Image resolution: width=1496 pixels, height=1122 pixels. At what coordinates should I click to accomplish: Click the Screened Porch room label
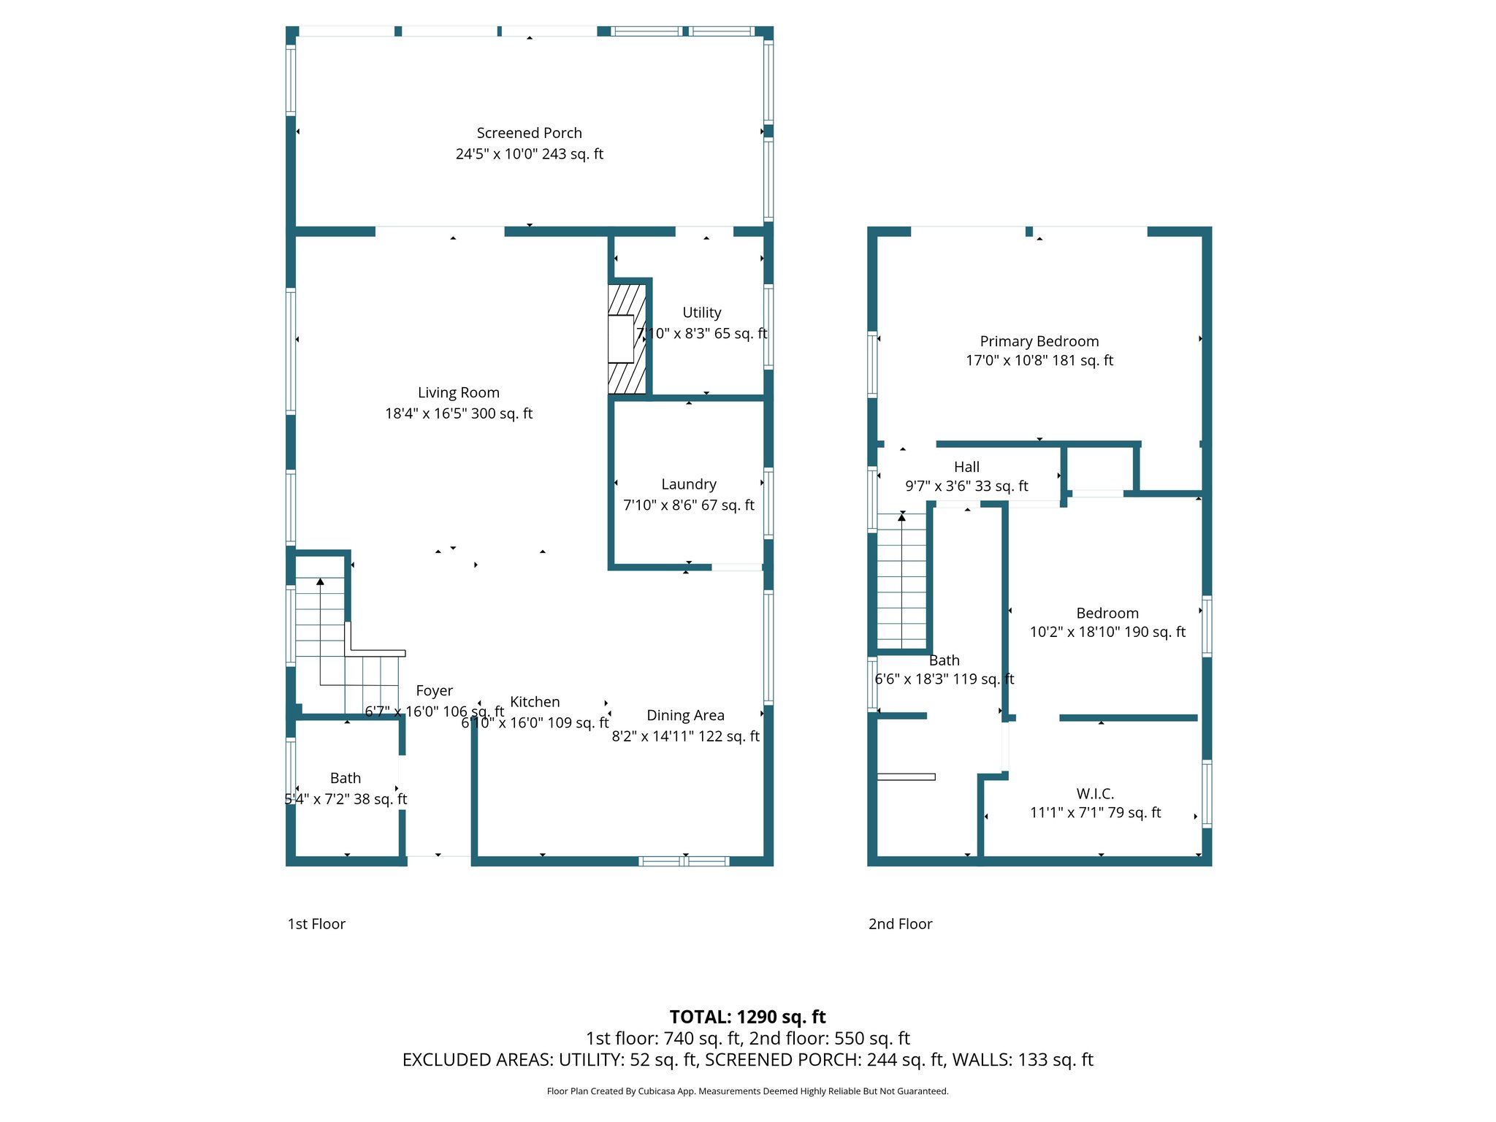tap(529, 133)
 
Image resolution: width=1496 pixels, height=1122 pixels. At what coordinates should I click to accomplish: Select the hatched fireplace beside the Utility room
tap(627, 339)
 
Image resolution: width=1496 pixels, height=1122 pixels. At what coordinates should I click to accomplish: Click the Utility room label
tap(701, 313)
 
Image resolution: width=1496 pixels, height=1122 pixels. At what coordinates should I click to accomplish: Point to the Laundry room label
tap(688, 484)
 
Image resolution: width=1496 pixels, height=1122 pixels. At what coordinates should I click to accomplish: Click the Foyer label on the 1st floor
tap(434, 691)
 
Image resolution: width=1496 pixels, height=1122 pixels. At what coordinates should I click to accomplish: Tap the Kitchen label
tap(535, 702)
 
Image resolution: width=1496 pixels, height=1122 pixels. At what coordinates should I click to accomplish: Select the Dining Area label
tap(685, 716)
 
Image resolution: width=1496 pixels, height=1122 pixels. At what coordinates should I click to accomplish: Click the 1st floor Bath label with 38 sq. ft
tap(345, 779)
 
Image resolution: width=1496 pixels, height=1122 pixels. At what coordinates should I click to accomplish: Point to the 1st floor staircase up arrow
tap(320, 582)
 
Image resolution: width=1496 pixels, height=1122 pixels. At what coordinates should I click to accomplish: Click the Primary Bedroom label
tap(1039, 341)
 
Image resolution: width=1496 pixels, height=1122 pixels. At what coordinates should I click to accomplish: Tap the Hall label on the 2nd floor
tap(966, 467)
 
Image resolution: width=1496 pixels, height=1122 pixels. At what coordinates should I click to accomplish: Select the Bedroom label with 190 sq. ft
tap(1107, 614)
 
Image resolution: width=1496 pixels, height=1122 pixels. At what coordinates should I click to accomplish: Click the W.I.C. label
tap(1094, 794)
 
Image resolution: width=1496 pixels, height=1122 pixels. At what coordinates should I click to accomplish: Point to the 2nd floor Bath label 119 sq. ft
tap(944, 660)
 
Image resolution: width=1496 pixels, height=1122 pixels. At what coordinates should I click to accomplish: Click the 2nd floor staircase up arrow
tap(901, 518)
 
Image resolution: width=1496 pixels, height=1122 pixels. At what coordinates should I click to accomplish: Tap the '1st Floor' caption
tap(316, 924)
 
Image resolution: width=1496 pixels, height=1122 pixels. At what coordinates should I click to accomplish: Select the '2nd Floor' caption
tap(900, 924)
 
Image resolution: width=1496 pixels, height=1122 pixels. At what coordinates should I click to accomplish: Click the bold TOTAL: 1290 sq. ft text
tap(747, 1017)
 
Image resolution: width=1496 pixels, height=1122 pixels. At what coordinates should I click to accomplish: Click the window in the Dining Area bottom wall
tap(684, 861)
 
